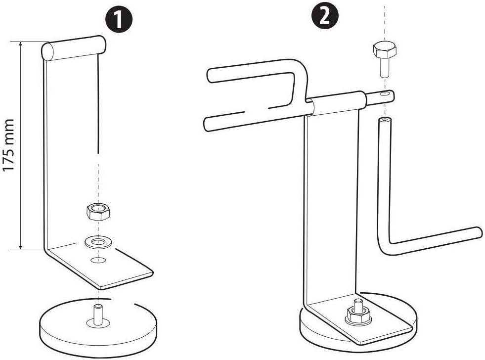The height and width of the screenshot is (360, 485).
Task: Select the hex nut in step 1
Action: point(98,212)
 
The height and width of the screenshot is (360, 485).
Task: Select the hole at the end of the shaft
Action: point(384,93)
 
